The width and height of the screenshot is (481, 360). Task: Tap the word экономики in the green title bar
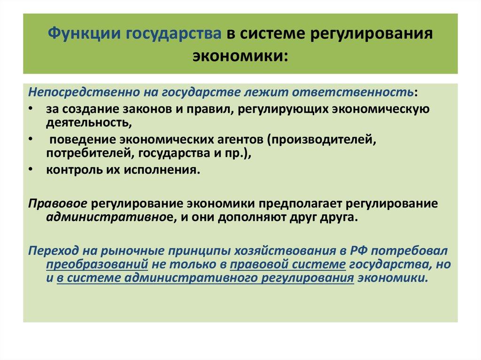click(240, 55)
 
